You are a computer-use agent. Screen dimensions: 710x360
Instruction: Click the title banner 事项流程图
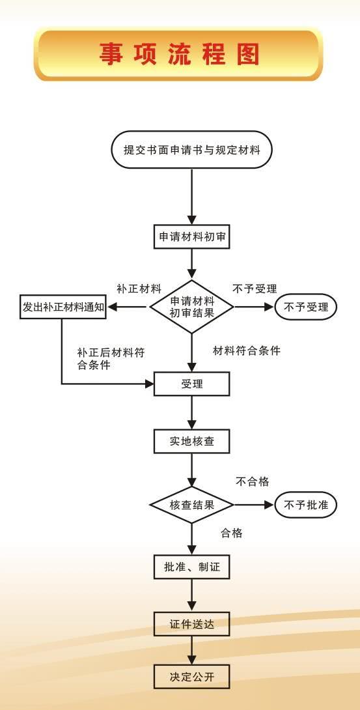pyautogui.click(x=179, y=54)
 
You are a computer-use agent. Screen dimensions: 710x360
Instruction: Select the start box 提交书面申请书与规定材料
pyautogui.click(x=192, y=150)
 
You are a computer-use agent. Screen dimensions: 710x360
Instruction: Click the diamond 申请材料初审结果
pyautogui.click(x=192, y=307)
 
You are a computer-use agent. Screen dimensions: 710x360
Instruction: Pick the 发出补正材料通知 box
pyautogui.click(x=62, y=307)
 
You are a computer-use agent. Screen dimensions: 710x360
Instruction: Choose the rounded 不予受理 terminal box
pyautogui.click(x=306, y=307)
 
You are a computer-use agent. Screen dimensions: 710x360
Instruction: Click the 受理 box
pyautogui.click(x=192, y=384)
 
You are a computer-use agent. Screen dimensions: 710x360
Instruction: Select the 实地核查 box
pyautogui.click(x=192, y=441)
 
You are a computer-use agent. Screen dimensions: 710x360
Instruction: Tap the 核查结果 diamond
pyautogui.click(x=192, y=505)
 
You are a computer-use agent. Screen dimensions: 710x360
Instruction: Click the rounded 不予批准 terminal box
pyautogui.click(x=306, y=505)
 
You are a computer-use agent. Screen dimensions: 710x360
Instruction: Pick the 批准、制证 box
pyautogui.click(x=192, y=567)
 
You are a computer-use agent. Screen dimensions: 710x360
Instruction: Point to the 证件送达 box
pyautogui.click(x=192, y=625)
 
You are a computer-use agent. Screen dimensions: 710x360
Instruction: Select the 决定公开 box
pyautogui.click(x=192, y=677)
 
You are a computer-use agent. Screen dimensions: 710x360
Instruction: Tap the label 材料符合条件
pyautogui.click(x=247, y=350)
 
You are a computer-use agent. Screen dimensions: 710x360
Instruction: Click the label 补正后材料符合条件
pyautogui.click(x=111, y=358)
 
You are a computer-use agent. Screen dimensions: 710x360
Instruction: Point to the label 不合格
pyautogui.click(x=253, y=481)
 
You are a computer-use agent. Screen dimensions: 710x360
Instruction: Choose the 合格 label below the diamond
pyautogui.click(x=232, y=533)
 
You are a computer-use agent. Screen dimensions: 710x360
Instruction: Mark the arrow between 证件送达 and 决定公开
pyautogui.click(x=192, y=651)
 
